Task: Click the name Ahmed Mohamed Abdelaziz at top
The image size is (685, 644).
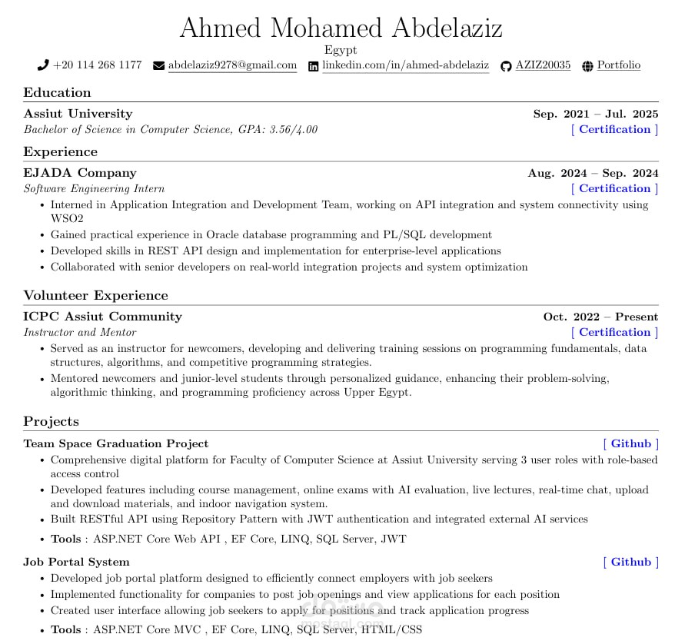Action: point(341,28)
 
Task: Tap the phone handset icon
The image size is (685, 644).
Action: point(43,65)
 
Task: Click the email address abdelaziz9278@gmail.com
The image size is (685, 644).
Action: point(232,65)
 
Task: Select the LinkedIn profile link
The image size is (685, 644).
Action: point(405,65)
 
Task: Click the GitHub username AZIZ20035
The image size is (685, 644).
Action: point(543,65)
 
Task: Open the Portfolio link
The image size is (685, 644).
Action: point(618,65)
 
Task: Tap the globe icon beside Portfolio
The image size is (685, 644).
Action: point(588,66)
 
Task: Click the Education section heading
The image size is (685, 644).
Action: point(57,92)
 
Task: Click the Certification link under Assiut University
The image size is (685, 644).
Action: point(614,129)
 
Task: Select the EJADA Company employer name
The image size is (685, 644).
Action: point(80,173)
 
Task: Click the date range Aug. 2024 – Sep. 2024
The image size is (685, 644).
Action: point(593,173)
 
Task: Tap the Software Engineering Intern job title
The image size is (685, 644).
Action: point(94,188)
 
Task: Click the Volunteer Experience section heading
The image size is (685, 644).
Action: point(95,295)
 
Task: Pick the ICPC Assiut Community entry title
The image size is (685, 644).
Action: point(102,317)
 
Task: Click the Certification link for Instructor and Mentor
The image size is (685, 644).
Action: point(614,332)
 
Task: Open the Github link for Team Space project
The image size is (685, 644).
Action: point(630,443)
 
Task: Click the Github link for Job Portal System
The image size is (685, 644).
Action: point(630,562)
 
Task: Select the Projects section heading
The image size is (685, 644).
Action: point(51,421)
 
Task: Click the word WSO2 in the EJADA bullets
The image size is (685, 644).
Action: point(67,218)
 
